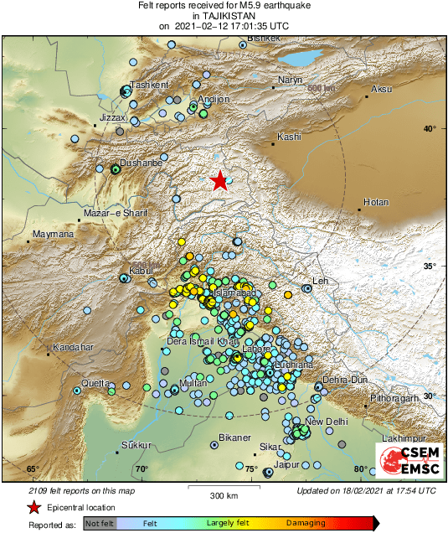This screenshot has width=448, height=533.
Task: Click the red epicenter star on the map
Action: pos(219,180)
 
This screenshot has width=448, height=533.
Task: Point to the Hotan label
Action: pos(376,202)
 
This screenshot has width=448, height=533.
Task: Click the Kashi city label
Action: pos(288,137)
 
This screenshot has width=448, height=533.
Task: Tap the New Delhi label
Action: pos(326,421)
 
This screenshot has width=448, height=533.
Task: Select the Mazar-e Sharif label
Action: pos(117,215)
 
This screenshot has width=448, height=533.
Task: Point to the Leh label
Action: pos(318,281)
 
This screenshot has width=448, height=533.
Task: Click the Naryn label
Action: pos(289,80)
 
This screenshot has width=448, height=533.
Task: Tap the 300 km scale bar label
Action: pos(224,496)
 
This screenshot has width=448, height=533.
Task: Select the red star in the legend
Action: pos(33,508)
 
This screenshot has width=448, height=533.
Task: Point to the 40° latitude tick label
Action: pos(429,128)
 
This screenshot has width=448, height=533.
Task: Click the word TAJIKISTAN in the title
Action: pos(224,16)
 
